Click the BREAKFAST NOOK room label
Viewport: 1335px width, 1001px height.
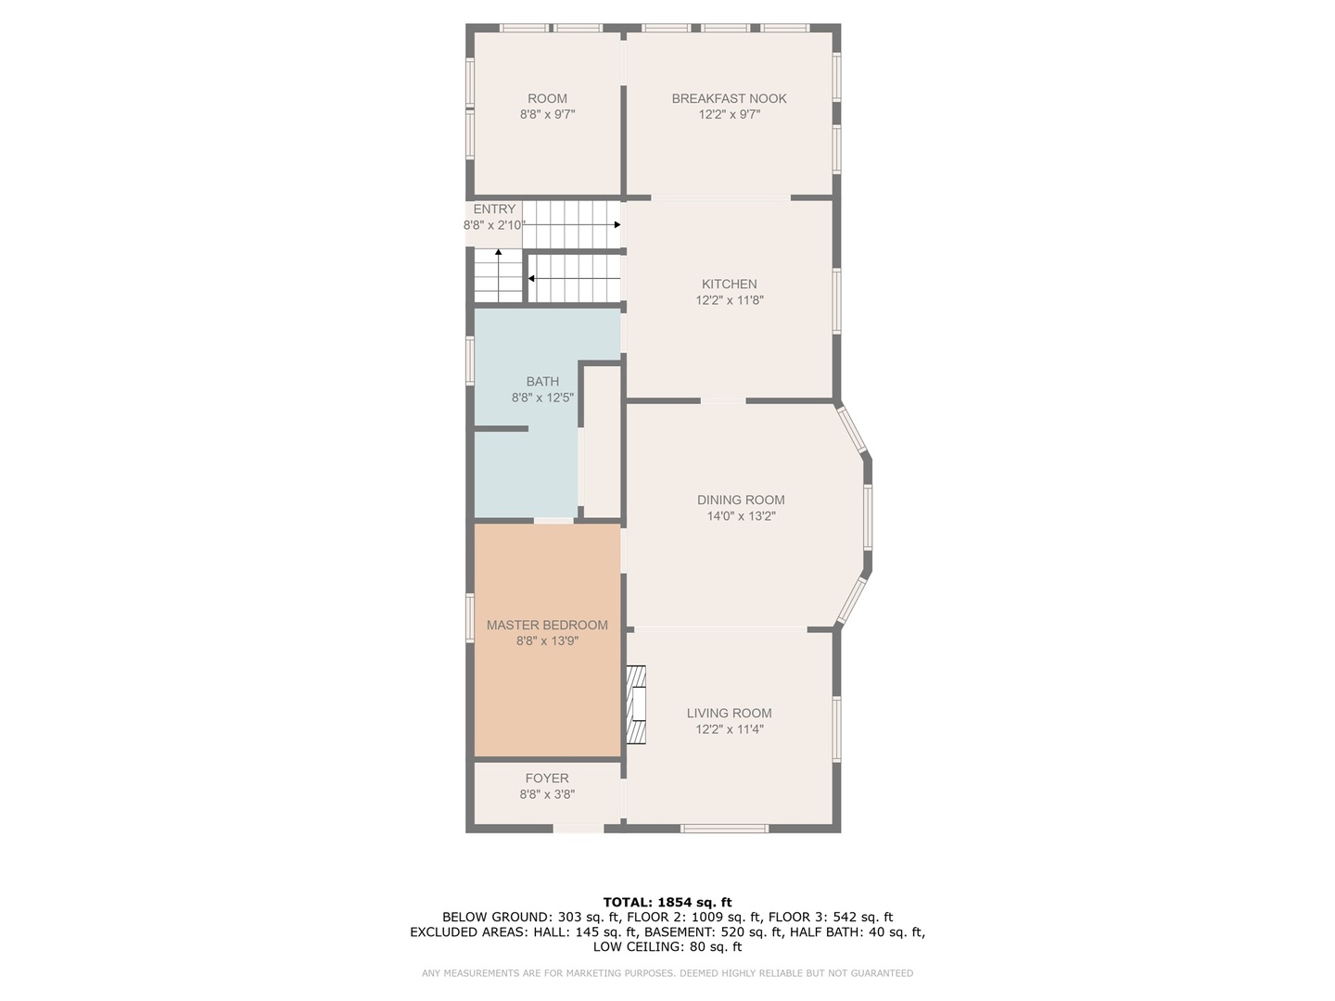tap(729, 98)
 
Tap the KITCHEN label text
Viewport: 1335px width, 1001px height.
tap(730, 284)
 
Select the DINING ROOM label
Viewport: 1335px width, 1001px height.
tap(741, 500)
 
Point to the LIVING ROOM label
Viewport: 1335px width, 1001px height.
tap(730, 713)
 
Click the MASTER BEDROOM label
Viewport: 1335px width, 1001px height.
tap(547, 625)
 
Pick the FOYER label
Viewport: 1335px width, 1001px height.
tap(547, 778)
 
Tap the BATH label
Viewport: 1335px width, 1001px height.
tap(542, 381)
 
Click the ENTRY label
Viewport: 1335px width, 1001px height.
tap(494, 209)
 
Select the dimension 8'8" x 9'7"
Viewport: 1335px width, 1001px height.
tap(547, 114)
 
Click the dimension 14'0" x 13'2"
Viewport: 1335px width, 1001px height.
tap(741, 516)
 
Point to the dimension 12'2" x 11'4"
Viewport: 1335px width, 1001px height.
tap(730, 729)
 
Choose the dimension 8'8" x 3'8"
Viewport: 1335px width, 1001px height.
tap(547, 793)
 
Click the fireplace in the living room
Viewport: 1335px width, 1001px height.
tap(636, 704)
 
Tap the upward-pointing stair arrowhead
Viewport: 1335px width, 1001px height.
tap(498, 251)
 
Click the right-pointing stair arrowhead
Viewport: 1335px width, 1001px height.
tap(617, 225)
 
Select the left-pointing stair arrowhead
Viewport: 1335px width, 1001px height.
tap(531, 278)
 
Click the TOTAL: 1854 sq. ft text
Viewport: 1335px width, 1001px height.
tap(667, 902)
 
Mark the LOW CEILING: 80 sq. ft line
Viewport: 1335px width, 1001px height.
tap(667, 946)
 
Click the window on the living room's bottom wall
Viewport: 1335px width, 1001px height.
tap(724, 828)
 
